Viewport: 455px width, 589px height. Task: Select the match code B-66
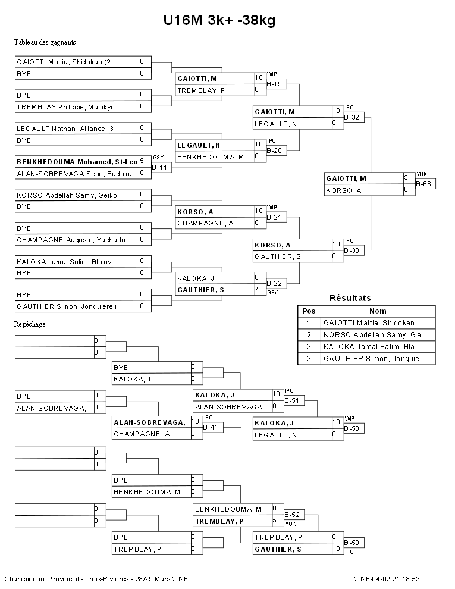coord(425,184)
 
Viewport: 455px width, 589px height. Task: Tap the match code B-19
coord(275,84)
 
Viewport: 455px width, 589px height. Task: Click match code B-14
coord(159,167)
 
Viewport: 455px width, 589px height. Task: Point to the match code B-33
coord(353,250)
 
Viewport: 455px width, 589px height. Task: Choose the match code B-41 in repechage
coord(211,427)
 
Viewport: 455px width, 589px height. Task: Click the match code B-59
coord(353,543)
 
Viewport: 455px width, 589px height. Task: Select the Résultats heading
coord(350,298)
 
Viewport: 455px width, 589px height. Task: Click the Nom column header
coord(378,311)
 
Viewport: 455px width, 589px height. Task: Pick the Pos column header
coord(309,311)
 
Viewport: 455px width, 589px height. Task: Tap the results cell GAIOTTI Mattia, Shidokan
coord(369,322)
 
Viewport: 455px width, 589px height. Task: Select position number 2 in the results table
coord(309,334)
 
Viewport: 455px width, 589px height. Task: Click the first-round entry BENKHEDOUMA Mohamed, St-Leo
coord(77,162)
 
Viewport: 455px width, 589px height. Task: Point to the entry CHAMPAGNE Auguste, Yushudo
coord(71,240)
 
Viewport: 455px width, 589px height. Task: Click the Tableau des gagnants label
coord(45,42)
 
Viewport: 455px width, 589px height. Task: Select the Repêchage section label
coord(30,324)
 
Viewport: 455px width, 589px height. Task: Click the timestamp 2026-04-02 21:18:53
coord(387,579)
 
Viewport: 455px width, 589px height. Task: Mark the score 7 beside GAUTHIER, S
coord(256,290)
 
